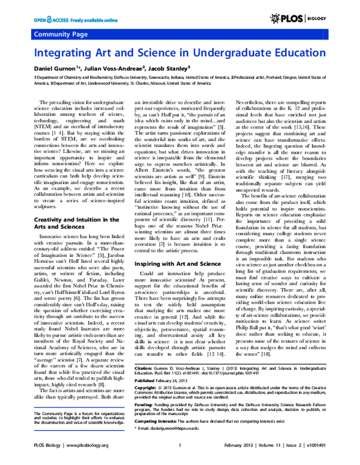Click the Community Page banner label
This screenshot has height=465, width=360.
click(59, 34)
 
